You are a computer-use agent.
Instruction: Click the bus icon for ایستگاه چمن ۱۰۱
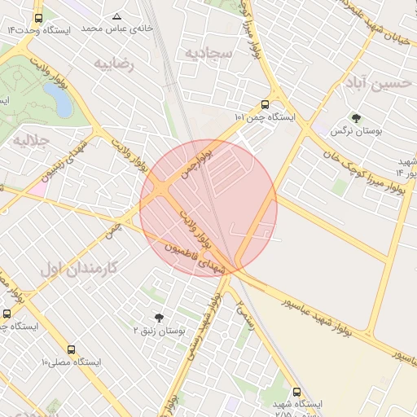tap(264, 104)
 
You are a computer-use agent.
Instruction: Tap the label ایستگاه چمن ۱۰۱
tap(266, 118)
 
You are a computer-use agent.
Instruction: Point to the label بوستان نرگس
tap(353, 130)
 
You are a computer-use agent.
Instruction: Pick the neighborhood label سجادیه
tap(208, 54)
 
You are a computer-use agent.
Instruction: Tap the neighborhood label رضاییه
tap(114, 63)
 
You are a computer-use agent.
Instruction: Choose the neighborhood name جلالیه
tap(31, 141)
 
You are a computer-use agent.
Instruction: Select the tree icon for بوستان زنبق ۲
tap(159, 318)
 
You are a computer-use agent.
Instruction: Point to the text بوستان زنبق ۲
tap(160, 331)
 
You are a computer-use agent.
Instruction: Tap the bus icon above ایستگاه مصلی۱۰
tap(72, 349)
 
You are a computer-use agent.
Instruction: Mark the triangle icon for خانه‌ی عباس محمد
tap(116, 16)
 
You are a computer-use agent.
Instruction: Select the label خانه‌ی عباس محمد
tap(102, 29)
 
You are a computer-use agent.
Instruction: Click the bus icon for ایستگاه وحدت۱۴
tap(39, 18)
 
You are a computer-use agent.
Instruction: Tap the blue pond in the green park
tap(57, 99)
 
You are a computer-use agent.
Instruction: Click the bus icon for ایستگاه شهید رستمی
tap(296, 392)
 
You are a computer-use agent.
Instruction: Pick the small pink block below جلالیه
tap(38, 188)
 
